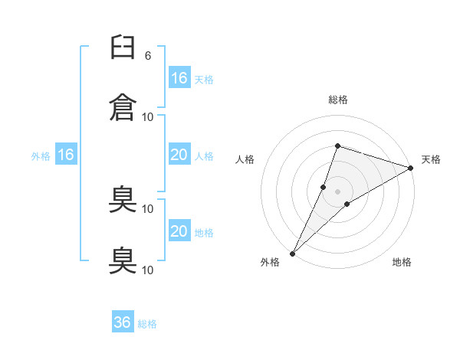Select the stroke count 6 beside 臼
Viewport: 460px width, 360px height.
point(148,56)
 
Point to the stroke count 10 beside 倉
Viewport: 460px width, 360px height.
point(148,116)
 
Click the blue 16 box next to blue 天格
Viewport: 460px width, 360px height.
point(179,78)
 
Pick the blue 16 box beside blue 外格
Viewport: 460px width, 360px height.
point(65,155)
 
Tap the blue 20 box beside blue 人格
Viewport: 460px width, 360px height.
point(179,155)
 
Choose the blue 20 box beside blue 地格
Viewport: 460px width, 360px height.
point(179,231)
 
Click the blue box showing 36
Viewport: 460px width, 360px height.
point(123,322)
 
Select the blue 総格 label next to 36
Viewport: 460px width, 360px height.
point(147,324)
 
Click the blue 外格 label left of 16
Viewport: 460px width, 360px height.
point(41,156)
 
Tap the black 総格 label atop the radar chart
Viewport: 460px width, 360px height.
point(337,100)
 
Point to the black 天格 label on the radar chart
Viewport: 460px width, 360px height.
point(431,159)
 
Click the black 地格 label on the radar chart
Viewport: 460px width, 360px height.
point(402,262)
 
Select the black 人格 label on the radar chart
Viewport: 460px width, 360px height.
point(245,159)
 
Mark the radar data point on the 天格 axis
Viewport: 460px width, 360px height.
point(411,168)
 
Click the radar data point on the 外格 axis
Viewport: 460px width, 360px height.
point(292,253)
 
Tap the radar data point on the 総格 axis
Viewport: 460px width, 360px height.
point(337,146)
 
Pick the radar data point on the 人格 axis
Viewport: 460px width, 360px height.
point(324,187)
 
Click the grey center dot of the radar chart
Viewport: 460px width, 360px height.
point(337,191)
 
